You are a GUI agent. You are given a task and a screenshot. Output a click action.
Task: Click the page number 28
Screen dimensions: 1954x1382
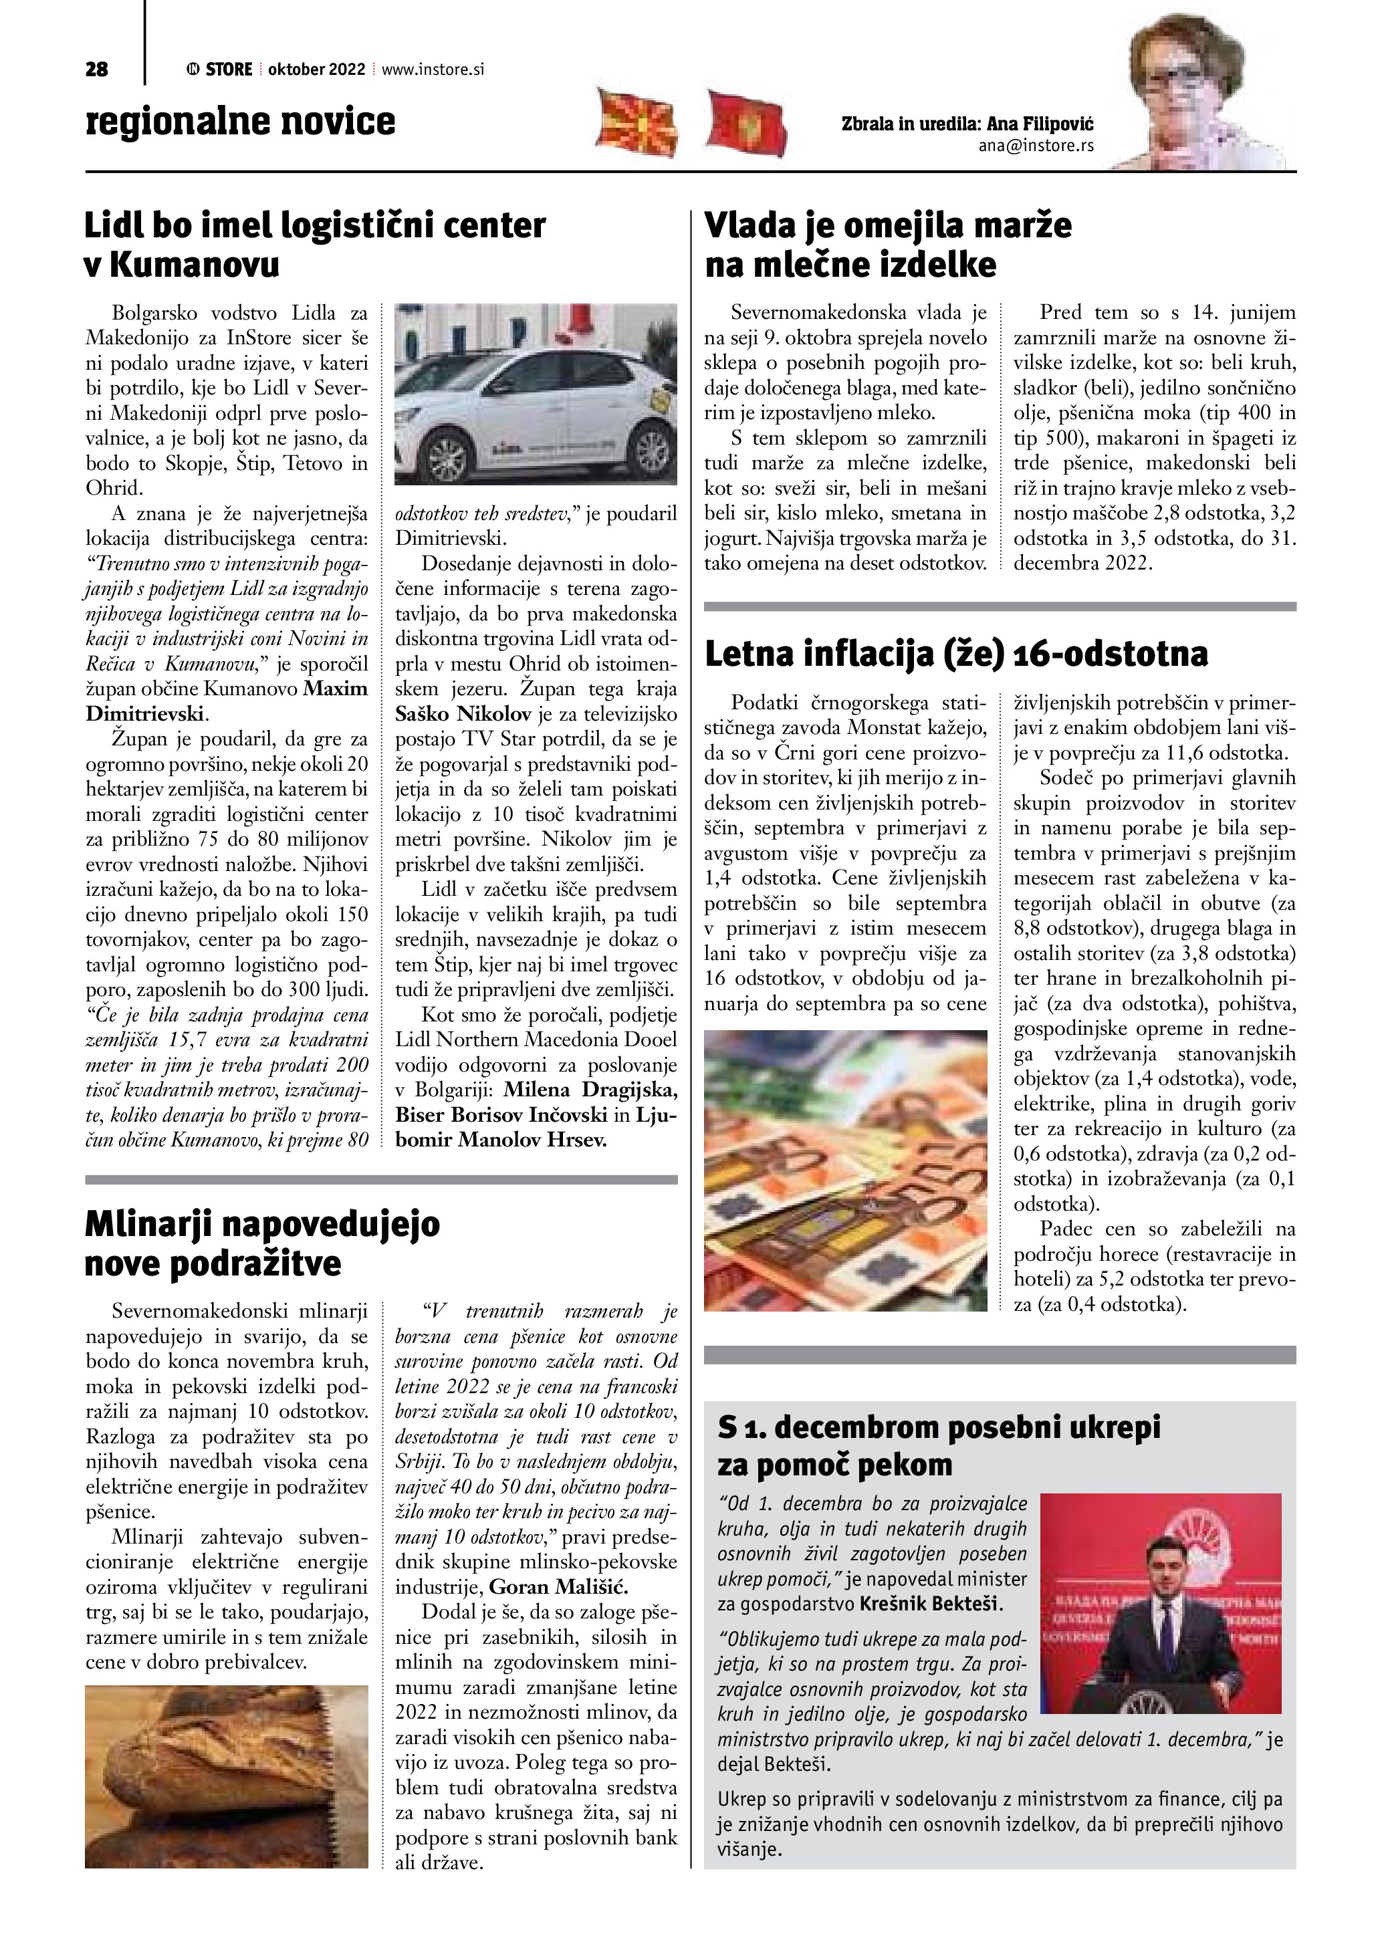coord(97,70)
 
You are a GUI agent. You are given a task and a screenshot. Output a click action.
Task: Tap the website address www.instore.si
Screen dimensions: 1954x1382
coord(433,70)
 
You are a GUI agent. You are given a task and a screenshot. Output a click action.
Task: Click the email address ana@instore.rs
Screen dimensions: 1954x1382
coord(1036,146)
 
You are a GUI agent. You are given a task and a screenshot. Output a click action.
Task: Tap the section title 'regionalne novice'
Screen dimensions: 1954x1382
coord(240,121)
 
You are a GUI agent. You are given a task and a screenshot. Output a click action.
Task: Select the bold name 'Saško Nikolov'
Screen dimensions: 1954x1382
coord(464,714)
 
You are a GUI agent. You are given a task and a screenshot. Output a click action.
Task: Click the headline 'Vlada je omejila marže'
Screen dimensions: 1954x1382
coord(888,225)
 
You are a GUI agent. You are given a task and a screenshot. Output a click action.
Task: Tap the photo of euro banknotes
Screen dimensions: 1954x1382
coord(845,1170)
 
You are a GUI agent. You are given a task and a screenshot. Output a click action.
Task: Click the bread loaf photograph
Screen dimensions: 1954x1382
coord(227,1776)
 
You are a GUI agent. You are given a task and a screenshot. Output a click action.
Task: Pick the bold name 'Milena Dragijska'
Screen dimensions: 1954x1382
coord(590,1090)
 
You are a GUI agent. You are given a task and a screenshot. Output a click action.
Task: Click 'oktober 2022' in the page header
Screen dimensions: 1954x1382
coord(316,70)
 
